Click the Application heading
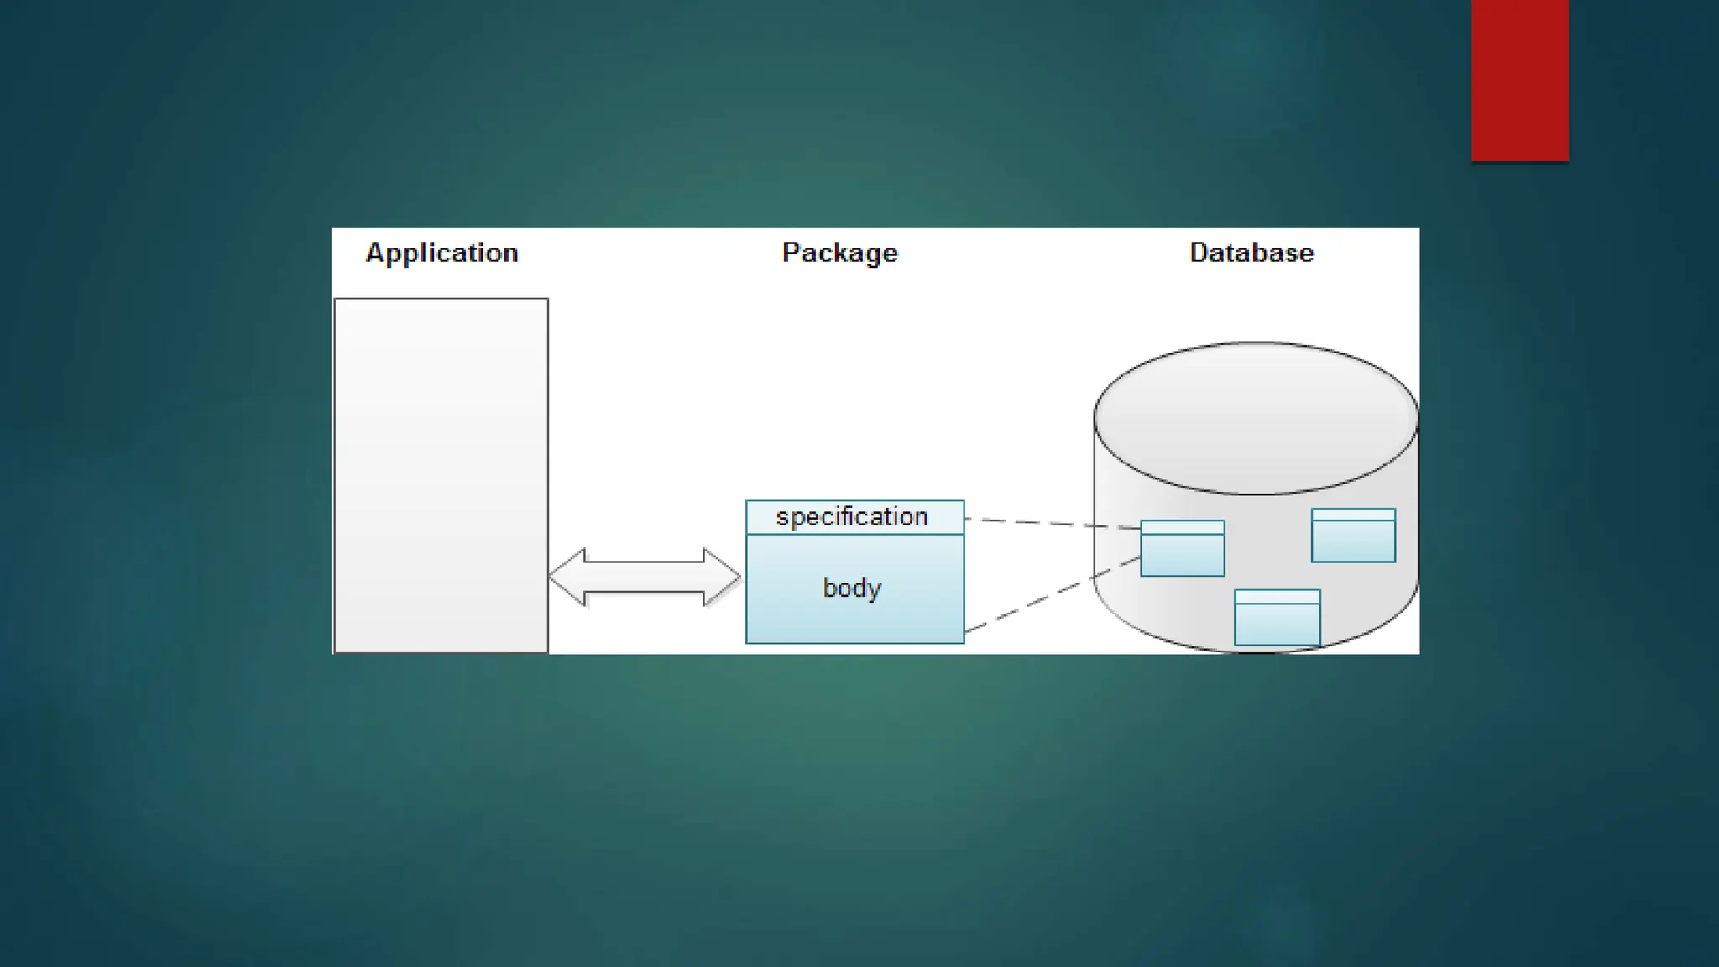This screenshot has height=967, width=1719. coord(442,253)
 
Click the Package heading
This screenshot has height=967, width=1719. coord(839,253)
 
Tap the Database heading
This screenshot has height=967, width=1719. coord(1251,253)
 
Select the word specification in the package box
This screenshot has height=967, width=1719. coord(851,516)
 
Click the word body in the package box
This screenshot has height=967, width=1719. coord(851,588)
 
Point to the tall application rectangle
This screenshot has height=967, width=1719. coord(441,474)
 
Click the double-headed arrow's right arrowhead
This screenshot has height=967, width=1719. coord(722,577)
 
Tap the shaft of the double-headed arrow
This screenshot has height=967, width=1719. coord(644,577)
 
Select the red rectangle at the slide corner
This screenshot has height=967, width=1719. coord(1519,80)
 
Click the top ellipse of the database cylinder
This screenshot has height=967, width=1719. coord(1256,416)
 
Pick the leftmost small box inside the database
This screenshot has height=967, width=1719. coord(1182,554)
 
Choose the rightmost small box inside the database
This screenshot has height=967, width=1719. coord(1353,541)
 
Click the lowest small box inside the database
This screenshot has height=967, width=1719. coord(1277,624)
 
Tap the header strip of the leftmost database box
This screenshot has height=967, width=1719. coord(1182,527)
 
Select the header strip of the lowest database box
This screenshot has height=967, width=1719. coord(1277,597)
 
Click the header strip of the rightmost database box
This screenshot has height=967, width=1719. coord(1353,515)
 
